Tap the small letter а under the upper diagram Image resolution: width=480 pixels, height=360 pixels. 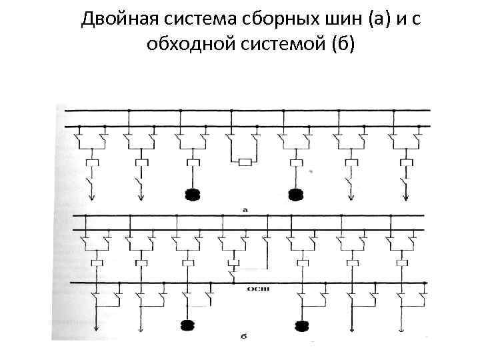[245, 209]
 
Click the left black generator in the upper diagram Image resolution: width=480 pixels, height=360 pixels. [193, 195]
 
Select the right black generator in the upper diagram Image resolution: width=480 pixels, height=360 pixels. [296, 195]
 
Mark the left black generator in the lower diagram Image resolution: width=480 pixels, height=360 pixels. [187, 325]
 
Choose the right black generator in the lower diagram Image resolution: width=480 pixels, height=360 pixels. [304, 326]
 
